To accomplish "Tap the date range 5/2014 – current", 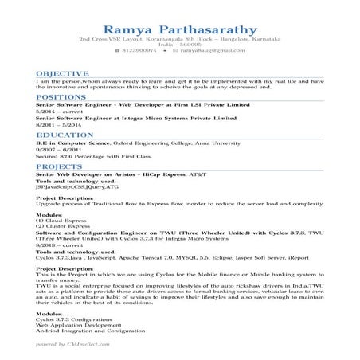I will (x=54, y=112).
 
